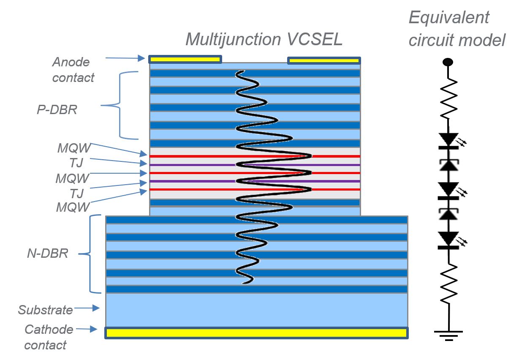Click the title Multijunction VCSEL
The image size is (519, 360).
[264, 39]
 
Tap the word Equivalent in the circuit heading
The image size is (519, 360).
[449, 18]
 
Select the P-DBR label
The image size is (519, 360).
[57, 109]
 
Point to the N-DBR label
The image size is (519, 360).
[48, 253]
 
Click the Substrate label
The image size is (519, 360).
[46, 310]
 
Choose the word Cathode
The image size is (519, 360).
[49, 330]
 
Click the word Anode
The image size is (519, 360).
[71, 62]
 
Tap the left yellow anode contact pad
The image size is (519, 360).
[185, 59]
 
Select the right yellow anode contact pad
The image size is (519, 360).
[324, 60]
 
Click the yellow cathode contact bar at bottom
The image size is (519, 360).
[256, 333]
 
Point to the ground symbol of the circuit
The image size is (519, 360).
[448, 335]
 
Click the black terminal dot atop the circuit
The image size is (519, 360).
[448, 62]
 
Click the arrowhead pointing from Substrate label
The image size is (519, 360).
[96, 308]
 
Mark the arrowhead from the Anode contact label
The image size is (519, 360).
[141, 58]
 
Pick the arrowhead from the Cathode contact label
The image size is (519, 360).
[93, 329]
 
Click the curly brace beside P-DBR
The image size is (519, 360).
[120, 106]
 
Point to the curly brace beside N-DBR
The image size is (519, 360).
[90, 254]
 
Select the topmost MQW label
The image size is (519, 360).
[74, 148]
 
